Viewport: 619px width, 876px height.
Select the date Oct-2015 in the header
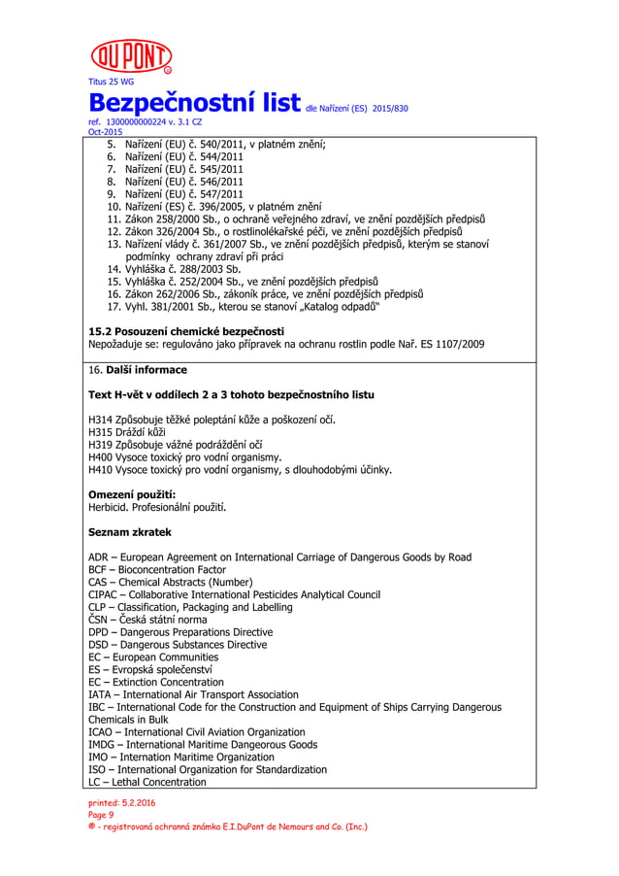tap(105, 132)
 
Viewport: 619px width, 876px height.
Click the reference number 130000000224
tap(143, 123)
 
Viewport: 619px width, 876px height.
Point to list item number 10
tap(113, 206)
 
